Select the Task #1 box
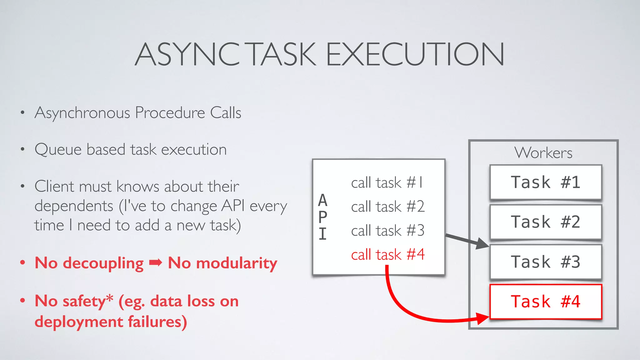click(x=546, y=182)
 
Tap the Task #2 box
click(x=546, y=222)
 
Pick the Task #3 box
click(x=546, y=262)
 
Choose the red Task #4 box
click(x=546, y=302)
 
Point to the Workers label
click(x=543, y=153)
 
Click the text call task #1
click(x=387, y=182)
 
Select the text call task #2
click(x=388, y=207)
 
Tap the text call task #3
click(x=388, y=231)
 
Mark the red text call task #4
click(x=388, y=254)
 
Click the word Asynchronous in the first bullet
click(x=82, y=113)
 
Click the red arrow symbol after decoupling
click(x=156, y=262)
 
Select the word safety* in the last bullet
click(x=88, y=301)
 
